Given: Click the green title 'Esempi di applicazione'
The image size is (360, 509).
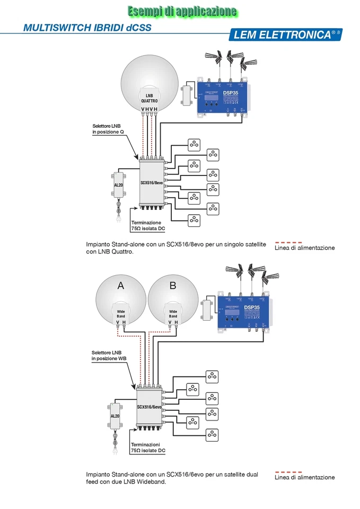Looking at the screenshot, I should tap(181, 11).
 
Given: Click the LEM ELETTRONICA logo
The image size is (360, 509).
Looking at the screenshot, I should tap(285, 34).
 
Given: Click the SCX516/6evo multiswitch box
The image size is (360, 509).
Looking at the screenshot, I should tap(149, 407).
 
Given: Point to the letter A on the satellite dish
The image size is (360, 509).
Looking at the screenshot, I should tap(120, 286).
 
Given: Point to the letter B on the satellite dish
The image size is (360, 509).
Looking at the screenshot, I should tap(173, 286).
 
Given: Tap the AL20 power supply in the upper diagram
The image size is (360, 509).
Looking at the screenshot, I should tap(118, 185).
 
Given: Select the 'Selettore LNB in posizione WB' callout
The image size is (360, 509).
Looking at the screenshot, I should tap(109, 355).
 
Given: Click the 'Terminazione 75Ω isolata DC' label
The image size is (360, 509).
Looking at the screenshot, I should tap(148, 225).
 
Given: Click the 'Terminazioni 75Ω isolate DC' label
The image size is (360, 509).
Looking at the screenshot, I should tap(148, 447).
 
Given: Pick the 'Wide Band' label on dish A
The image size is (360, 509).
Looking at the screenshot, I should tap(121, 313).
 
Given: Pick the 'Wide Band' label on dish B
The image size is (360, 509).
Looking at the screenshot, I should tap(173, 313).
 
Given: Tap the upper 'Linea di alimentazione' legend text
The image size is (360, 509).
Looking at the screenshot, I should tap(305, 248).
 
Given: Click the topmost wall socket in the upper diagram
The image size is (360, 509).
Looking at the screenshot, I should tap(195, 144).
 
